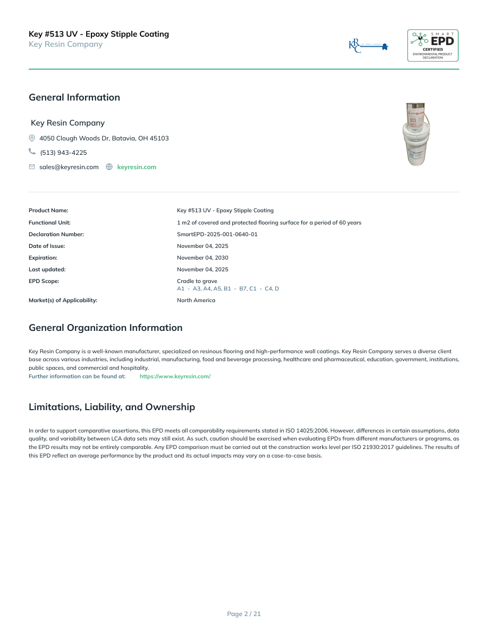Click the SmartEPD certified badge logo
coord(433,45)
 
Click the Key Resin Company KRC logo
coord(368,46)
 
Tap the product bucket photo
coord(418,135)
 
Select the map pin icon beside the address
coord(32,138)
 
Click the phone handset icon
coord(32,152)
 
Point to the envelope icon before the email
coord(32,167)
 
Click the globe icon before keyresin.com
coord(109,167)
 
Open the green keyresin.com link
coord(137,167)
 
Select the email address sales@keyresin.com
coord(69,167)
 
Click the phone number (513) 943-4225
coord(63,153)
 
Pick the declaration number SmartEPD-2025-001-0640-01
coord(217,234)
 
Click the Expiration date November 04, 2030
coord(203,257)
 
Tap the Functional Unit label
coord(49,222)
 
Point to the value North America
coord(196,300)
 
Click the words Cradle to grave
coord(197,281)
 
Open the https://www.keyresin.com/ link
coord(175,376)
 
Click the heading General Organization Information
coord(105,328)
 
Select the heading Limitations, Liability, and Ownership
coord(112,407)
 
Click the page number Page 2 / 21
coord(244,614)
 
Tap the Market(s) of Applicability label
coord(63,300)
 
